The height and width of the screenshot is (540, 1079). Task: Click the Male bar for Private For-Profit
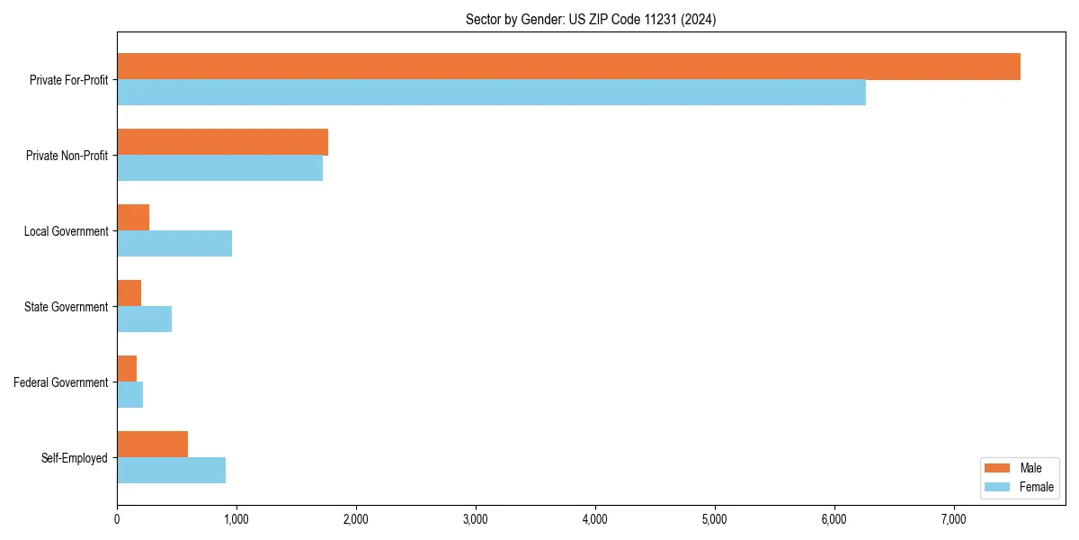click(x=568, y=67)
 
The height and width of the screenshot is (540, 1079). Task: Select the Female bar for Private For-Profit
click(x=491, y=93)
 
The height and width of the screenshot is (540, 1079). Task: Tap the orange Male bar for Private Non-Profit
click(x=222, y=142)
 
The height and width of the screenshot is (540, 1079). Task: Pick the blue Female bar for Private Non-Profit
click(x=219, y=168)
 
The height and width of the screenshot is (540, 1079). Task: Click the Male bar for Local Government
click(x=133, y=218)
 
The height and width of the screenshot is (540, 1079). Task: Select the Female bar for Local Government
click(x=174, y=244)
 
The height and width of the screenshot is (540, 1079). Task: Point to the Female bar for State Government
click(x=144, y=319)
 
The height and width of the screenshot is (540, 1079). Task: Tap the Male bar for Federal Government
click(x=127, y=369)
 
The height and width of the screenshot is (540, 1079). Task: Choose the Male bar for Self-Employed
click(x=152, y=445)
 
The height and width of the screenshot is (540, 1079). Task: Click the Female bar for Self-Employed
click(x=171, y=471)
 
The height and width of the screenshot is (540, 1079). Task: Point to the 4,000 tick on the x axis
click(x=595, y=518)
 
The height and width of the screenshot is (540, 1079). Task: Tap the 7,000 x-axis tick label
click(x=953, y=518)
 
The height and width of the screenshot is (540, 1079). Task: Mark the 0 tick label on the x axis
click(x=117, y=518)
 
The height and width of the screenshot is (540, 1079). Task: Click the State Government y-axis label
click(x=66, y=307)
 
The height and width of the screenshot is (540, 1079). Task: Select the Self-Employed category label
click(x=74, y=458)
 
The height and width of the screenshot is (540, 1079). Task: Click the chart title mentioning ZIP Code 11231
click(x=591, y=19)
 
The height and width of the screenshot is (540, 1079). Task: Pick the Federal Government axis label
click(x=61, y=382)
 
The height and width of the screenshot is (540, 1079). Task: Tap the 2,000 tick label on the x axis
click(x=356, y=518)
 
